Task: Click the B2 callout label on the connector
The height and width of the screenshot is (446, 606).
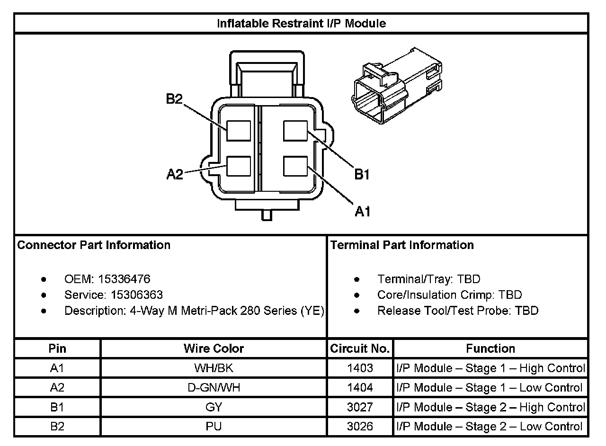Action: (174, 99)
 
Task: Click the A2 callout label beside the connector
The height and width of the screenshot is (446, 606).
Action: (175, 175)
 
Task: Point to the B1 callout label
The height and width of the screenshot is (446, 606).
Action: (362, 175)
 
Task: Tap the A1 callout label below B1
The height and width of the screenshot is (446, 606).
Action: (362, 212)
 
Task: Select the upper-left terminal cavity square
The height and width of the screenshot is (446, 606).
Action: (238, 131)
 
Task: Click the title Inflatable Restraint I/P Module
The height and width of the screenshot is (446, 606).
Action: (301, 23)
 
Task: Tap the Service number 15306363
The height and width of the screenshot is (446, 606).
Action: (136, 295)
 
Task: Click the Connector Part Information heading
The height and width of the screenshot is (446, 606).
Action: (94, 245)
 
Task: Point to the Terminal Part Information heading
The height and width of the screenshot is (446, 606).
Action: (402, 245)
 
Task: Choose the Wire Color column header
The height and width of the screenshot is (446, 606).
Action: (214, 349)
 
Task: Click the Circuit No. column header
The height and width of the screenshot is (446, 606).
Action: (360, 349)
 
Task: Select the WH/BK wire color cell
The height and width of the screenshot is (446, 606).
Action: (214, 368)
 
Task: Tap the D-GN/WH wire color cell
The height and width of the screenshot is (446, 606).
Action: (214, 388)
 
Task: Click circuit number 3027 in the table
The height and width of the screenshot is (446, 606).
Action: (360, 407)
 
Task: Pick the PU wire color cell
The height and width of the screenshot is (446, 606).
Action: (214, 427)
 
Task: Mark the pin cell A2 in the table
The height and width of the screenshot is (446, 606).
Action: (57, 388)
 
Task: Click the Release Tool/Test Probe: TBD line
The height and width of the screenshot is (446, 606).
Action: (457, 311)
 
